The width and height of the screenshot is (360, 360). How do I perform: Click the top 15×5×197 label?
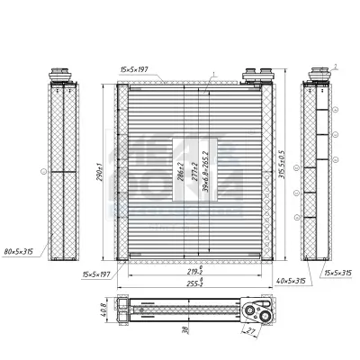(x=139, y=68)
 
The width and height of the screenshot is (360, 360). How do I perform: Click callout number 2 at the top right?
(x=335, y=65)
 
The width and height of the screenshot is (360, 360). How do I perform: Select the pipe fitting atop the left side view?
(x=61, y=74)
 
